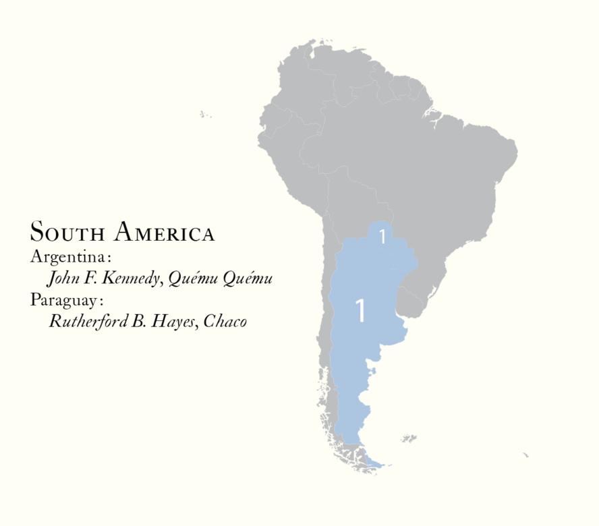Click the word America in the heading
click(165, 233)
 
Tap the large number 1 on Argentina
click(360, 311)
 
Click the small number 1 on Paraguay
click(382, 237)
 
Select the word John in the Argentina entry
click(62, 279)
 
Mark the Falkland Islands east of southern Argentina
click(409, 439)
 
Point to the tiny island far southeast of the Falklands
click(525, 455)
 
